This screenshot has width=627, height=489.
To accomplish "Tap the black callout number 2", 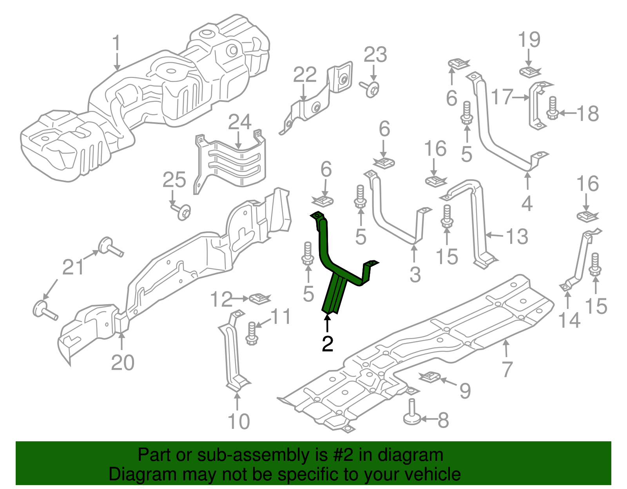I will [327, 344].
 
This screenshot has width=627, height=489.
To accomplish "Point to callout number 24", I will [239, 122].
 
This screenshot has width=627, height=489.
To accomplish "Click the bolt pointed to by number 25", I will [183, 212].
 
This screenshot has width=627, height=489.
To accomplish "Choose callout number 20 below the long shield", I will [123, 363].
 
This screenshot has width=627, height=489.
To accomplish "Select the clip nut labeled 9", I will [430, 377].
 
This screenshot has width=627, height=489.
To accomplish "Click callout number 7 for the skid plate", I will [507, 369].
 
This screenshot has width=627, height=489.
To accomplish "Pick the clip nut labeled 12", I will [260, 298].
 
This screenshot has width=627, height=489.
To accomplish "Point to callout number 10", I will [238, 422].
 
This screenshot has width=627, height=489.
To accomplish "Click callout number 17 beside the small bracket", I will [502, 97].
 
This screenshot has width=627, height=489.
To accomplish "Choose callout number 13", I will [517, 237].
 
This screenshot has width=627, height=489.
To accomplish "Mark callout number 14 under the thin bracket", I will [569, 320].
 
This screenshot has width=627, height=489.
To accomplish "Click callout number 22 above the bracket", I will [304, 75].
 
